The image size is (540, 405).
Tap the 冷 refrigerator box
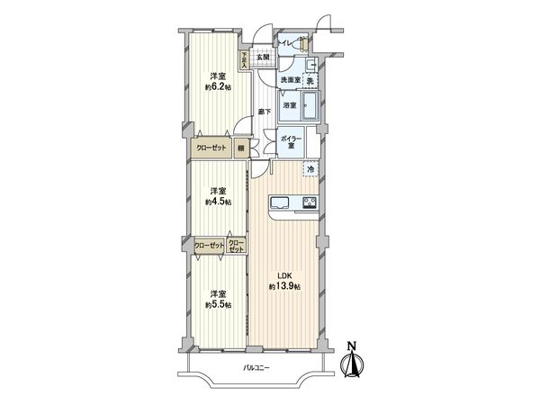coord(310,167)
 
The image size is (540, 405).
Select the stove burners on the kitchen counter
coord(309,202)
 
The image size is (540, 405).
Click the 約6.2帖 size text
coord(216,87)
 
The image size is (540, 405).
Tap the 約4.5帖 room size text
coord(216,202)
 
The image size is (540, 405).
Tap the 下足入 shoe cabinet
coord(244,59)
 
